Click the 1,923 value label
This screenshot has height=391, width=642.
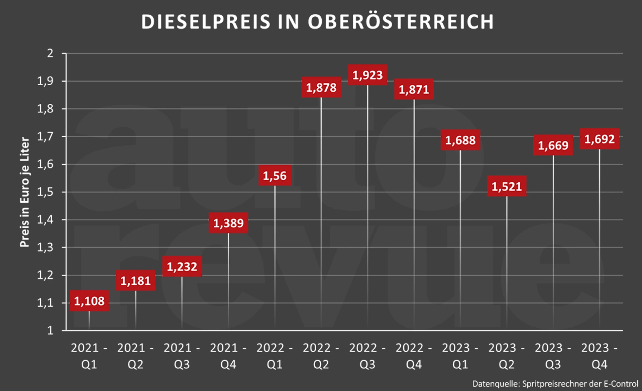[x=367, y=75]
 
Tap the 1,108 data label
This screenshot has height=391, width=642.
[x=89, y=301]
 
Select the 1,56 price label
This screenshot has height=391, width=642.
[x=275, y=176]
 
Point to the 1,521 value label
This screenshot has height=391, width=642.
[x=507, y=186]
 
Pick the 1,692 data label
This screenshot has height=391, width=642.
[x=600, y=139]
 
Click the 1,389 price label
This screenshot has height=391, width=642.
[x=228, y=223]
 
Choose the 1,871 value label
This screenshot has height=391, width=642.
[x=414, y=89]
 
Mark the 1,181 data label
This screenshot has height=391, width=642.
[x=135, y=281]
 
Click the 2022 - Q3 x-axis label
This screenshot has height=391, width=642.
[x=367, y=356]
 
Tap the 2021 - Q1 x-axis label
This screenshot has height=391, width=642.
[x=89, y=356]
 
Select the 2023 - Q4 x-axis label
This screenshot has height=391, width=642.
[x=599, y=356]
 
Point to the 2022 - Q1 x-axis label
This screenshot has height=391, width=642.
[x=275, y=356]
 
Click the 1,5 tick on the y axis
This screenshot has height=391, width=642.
[x=45, y=192]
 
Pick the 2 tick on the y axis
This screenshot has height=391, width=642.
[x=50, y=53]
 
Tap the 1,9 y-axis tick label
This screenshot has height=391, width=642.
[x=45, y=81]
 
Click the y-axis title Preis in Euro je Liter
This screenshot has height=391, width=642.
[x=25, y=192]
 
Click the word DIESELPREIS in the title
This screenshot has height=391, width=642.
[x=205, y=22]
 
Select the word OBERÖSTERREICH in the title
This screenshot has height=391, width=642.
[x=401, y=22]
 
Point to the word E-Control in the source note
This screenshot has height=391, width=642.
[x=621, y=384]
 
